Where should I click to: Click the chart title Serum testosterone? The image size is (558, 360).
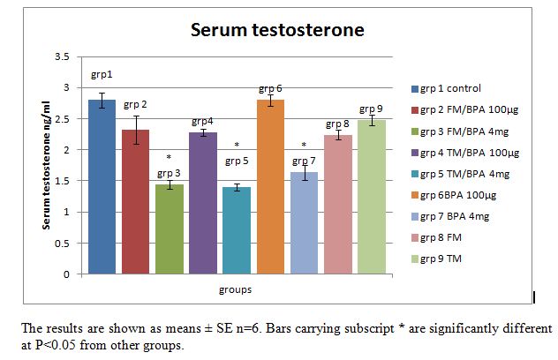pos(278,30)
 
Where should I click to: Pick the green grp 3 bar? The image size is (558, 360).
pos(169,229)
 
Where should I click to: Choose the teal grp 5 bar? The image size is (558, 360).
pos(236,230)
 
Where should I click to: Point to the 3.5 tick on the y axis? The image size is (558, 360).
pos(62,56)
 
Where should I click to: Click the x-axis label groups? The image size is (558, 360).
pos(236,289)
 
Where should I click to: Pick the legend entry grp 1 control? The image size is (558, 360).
pos(451,88)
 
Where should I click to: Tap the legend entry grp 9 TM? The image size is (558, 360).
pos(444,258)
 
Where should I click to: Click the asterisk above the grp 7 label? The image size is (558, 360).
pos(304,146)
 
